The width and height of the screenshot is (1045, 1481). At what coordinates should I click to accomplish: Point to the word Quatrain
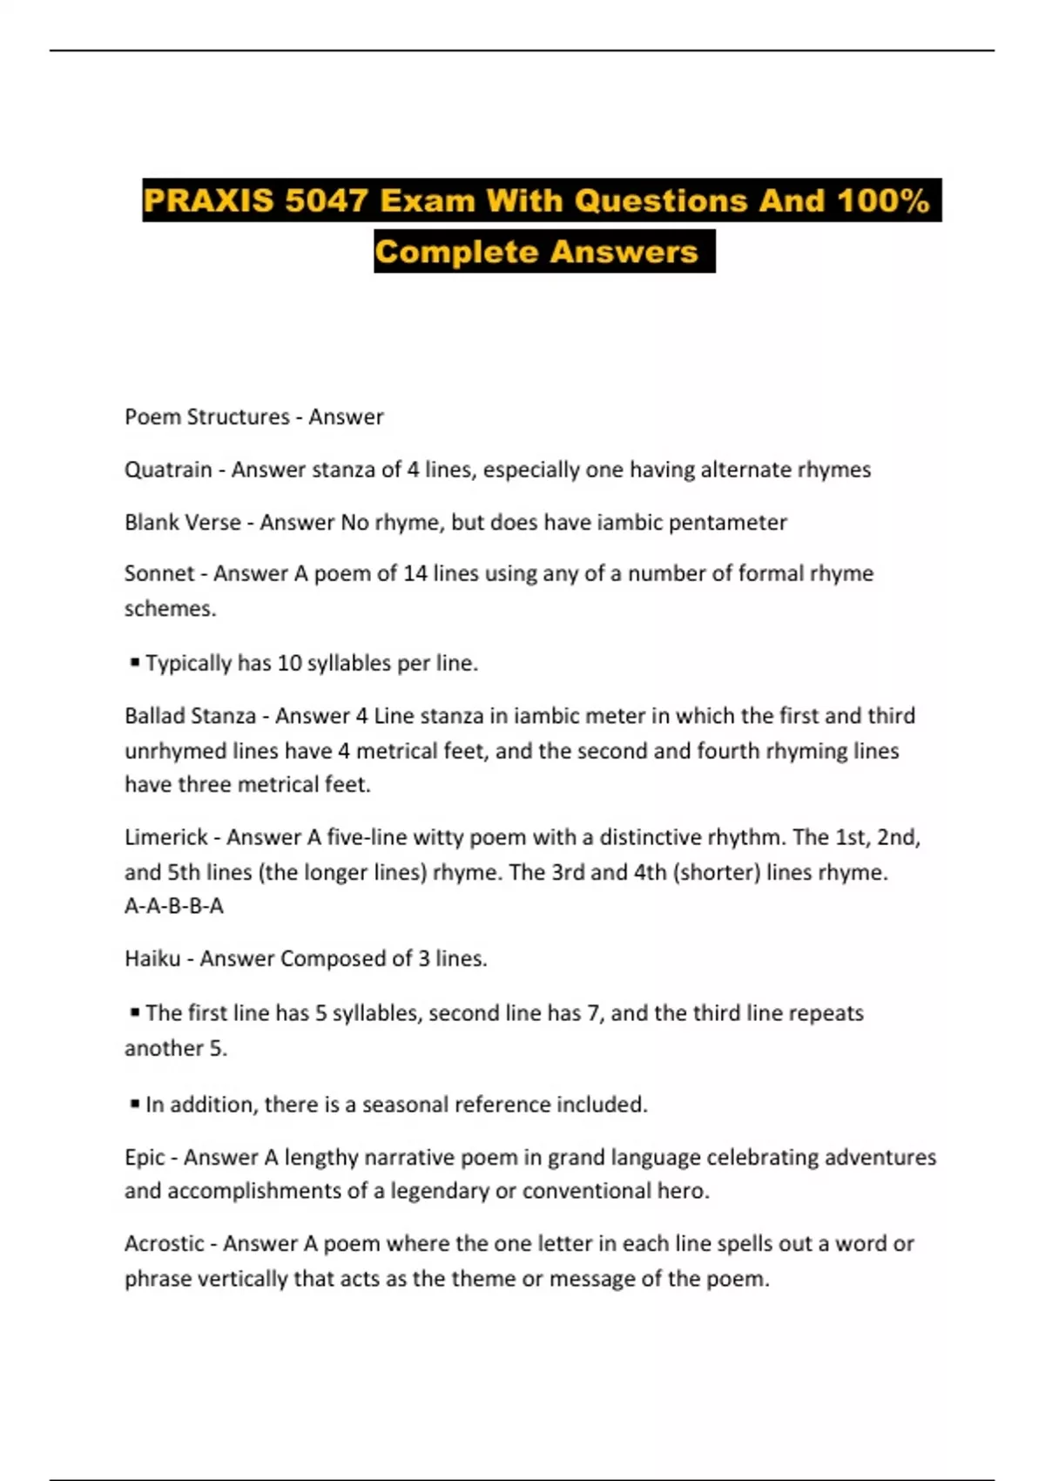tap(168, 470)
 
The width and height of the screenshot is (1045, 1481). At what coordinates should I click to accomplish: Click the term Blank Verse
tap(182, 522)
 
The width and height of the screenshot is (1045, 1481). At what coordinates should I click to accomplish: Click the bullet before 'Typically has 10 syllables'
tap(134, 662)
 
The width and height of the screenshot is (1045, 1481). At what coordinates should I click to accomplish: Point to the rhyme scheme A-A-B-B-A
tap(174, 906)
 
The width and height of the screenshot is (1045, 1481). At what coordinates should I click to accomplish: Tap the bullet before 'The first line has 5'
tap(134, 1012)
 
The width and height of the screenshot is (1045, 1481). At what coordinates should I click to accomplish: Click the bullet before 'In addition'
tap(134, 1104)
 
